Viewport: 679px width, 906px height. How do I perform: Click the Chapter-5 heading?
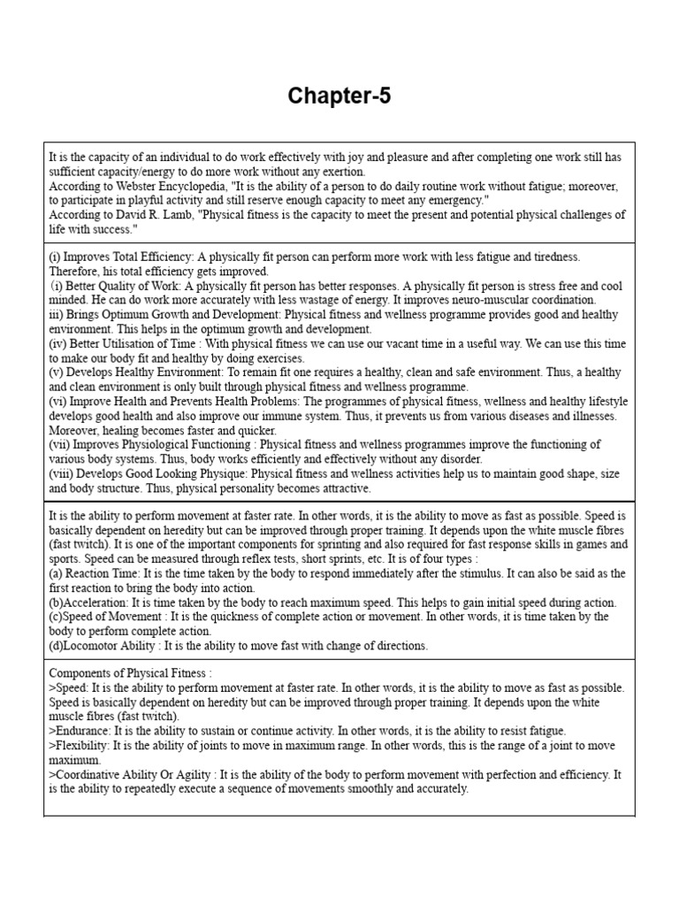339,96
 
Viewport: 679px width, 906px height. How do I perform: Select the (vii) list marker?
60,444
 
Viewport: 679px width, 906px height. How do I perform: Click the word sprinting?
454,544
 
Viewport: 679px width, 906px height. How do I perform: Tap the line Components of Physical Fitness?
130,673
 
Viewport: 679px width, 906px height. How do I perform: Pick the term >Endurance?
80,731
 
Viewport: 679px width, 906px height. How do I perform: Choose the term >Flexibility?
81,745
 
